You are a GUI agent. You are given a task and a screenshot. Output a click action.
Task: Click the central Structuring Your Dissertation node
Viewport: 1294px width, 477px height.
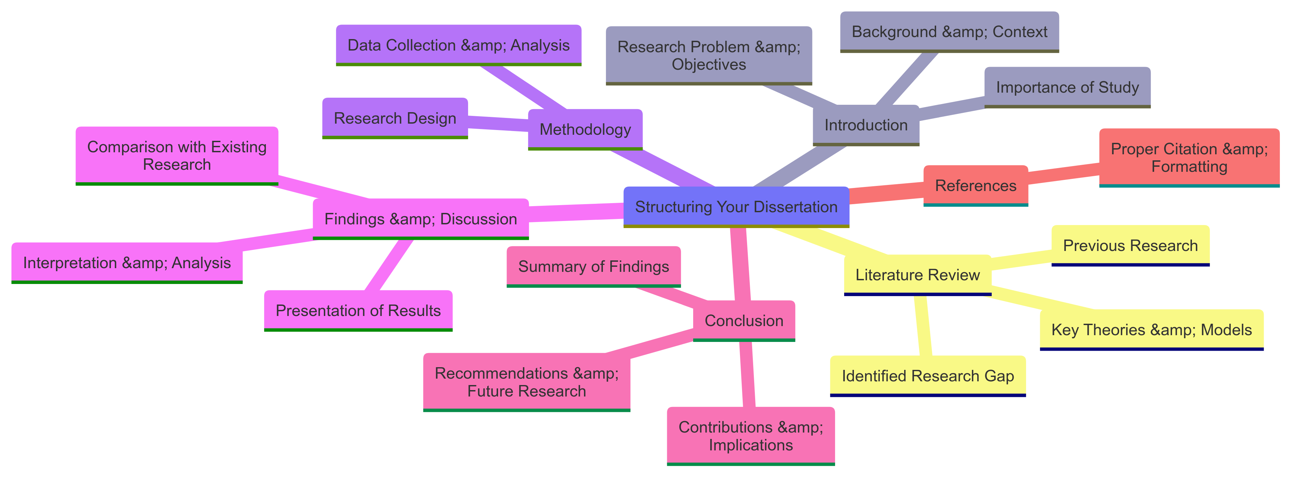736,207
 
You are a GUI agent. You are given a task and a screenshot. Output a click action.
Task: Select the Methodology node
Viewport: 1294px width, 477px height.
585,129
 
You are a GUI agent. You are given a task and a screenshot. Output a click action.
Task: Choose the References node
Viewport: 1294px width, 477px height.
976,185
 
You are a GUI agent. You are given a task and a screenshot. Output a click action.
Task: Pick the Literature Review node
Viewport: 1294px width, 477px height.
917,275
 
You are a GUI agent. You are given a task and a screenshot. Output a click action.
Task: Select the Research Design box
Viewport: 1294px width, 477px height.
395,118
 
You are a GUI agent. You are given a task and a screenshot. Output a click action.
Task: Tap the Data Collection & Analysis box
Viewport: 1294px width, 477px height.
458,45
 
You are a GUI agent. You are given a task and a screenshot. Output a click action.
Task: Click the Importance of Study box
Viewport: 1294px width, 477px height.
1067,87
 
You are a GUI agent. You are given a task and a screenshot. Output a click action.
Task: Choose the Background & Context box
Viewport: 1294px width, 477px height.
949,32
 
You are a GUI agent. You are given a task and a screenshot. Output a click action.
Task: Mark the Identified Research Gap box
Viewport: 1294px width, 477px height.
927,376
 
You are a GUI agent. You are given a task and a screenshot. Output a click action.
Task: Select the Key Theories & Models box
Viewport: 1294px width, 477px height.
1151,329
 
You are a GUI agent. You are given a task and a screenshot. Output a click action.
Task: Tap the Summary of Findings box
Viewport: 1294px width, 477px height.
593,266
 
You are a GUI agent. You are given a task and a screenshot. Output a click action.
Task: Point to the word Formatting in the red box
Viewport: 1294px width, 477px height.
1189,166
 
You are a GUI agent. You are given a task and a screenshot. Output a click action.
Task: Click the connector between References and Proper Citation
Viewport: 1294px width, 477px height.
1064,173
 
